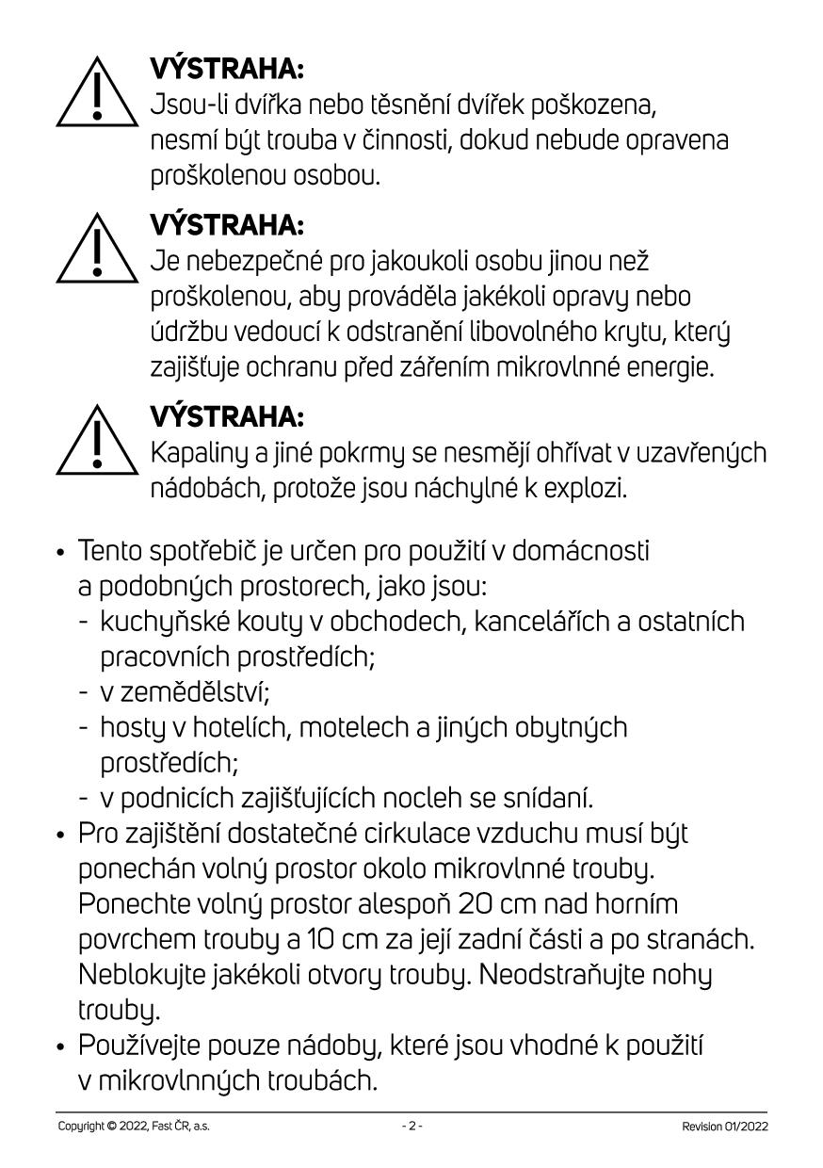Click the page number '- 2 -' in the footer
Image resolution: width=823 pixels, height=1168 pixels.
coord(411,1127)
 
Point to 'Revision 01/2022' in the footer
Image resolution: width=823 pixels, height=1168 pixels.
coord(725,1127)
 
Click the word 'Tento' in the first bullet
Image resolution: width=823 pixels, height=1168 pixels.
coord(107,550)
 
